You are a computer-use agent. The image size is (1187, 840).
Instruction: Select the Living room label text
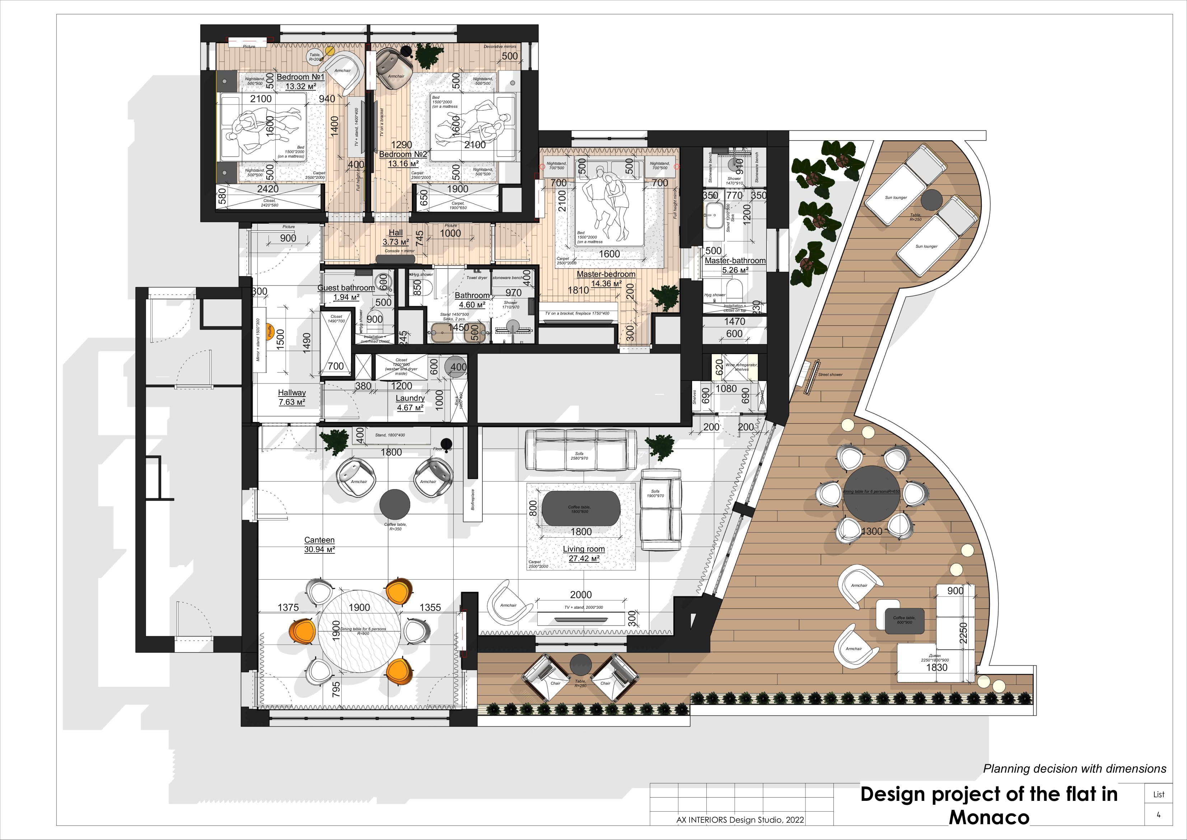click(584, 549)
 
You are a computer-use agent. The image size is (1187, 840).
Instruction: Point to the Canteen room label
click(319, 539)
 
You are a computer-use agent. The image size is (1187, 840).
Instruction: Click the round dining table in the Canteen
click(358, 631)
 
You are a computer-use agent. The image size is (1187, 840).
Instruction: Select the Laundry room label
click(410, 398)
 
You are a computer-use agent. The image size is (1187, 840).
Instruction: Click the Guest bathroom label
click(346, 288)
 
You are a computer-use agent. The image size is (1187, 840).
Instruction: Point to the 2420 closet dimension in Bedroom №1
click(268, 189)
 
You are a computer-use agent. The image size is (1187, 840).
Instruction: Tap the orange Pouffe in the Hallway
click(269, 331)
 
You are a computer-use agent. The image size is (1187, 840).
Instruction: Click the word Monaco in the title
click(989, 817)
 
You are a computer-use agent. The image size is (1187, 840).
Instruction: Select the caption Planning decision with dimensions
click(1074, 769)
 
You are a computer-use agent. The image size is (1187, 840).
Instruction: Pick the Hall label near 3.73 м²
click(396, 233)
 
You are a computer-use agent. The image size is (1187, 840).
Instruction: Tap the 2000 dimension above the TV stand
click(580, 595)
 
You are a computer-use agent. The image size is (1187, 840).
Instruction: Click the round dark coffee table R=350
click(395, 504)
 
